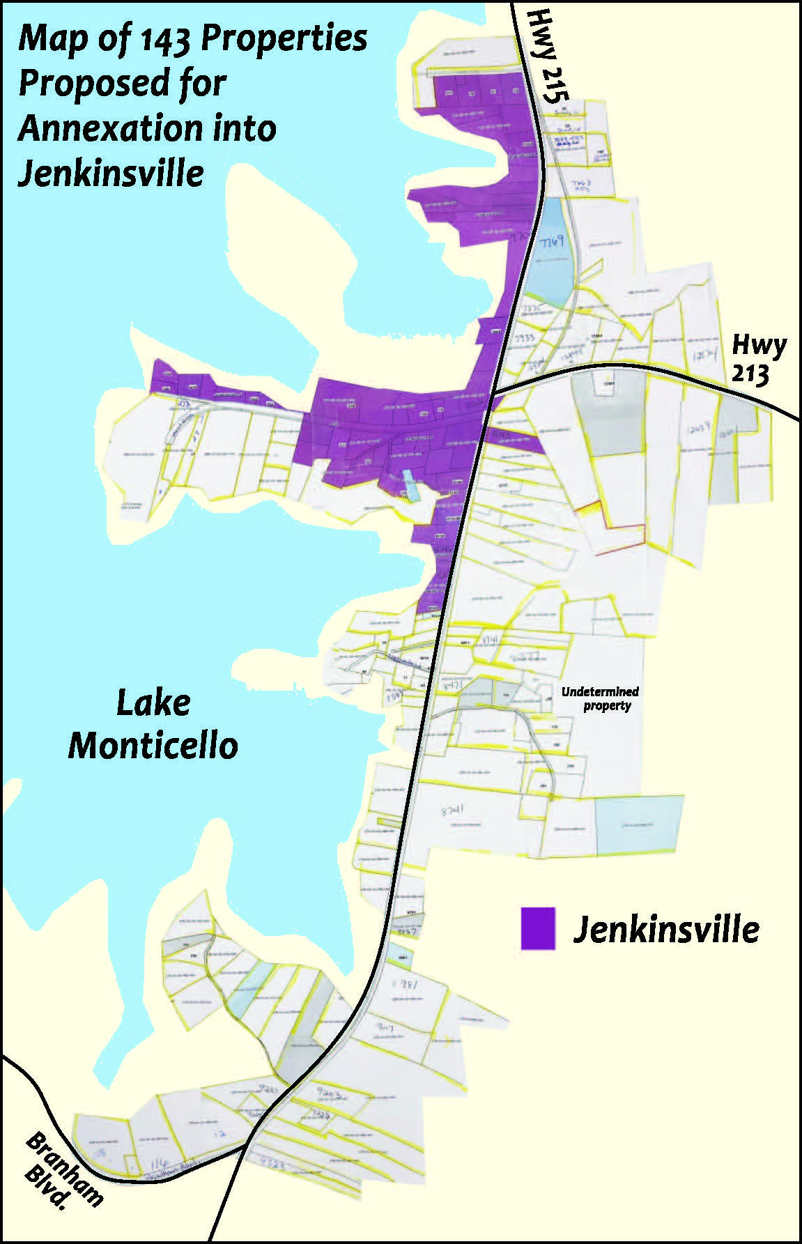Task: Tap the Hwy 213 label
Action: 758,360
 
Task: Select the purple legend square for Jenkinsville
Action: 538,928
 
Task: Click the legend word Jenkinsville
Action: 666,929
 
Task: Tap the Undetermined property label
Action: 600,698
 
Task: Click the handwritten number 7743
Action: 580,185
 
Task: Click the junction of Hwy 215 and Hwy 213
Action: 495,394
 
